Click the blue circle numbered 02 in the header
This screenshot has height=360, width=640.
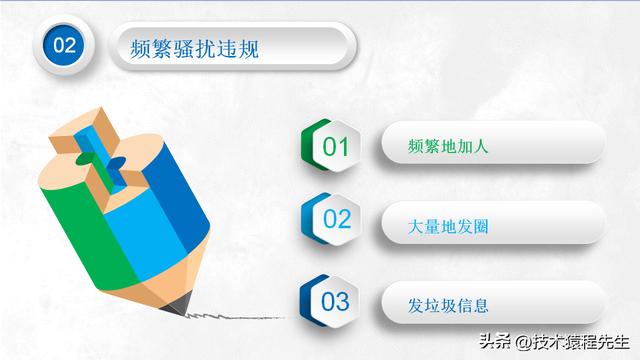click(64, 46)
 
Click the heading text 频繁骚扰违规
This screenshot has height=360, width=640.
click(195, 47)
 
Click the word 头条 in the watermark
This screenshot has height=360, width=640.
click(491, 341)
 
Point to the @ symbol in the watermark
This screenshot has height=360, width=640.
click(519, 341)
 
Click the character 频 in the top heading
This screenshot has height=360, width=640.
click(143, 47)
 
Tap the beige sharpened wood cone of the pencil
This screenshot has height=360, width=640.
click(150, 275)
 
